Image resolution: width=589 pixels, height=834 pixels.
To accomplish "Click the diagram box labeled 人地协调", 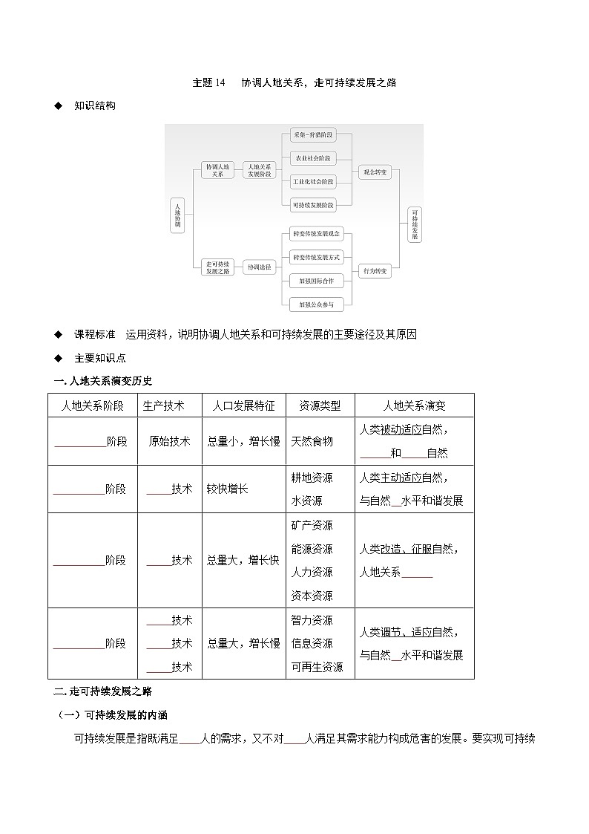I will [x=177, y=215].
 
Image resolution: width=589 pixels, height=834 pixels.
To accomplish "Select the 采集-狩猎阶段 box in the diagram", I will [x=312, y=135].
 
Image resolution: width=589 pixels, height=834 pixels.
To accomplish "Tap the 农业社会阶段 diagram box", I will [x=312, y=158].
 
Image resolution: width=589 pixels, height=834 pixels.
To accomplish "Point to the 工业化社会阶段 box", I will [x=312, y=181].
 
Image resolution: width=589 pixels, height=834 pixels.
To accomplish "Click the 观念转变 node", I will [x=374, y=172].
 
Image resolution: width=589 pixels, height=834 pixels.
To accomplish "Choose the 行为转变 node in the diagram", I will [x=374, y=272].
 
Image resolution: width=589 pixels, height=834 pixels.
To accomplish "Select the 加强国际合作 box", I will [x=316, y=281].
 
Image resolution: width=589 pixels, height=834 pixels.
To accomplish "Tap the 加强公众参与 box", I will [x=316, y=304].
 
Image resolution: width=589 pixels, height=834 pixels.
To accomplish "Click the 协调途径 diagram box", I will [x=260, y=266].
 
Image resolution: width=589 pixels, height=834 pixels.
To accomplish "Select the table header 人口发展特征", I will [x=243, y=405].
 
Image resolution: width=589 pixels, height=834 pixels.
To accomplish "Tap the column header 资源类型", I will [x=320, y=405].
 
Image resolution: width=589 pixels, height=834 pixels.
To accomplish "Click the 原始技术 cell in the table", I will [x=169, y=441].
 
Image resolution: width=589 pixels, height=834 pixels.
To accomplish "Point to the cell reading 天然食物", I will [x=312, y=441].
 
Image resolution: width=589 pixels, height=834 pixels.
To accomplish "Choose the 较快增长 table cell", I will [x=228, y=489].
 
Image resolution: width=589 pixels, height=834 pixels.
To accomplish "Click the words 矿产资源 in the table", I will [x=312, y=525].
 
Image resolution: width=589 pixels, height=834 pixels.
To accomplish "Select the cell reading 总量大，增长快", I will [x=243, y=560].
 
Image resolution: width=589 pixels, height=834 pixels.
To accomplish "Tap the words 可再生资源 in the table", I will [x=317, y=667].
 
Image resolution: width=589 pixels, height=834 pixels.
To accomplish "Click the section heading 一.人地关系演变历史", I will [x=103, y=381].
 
